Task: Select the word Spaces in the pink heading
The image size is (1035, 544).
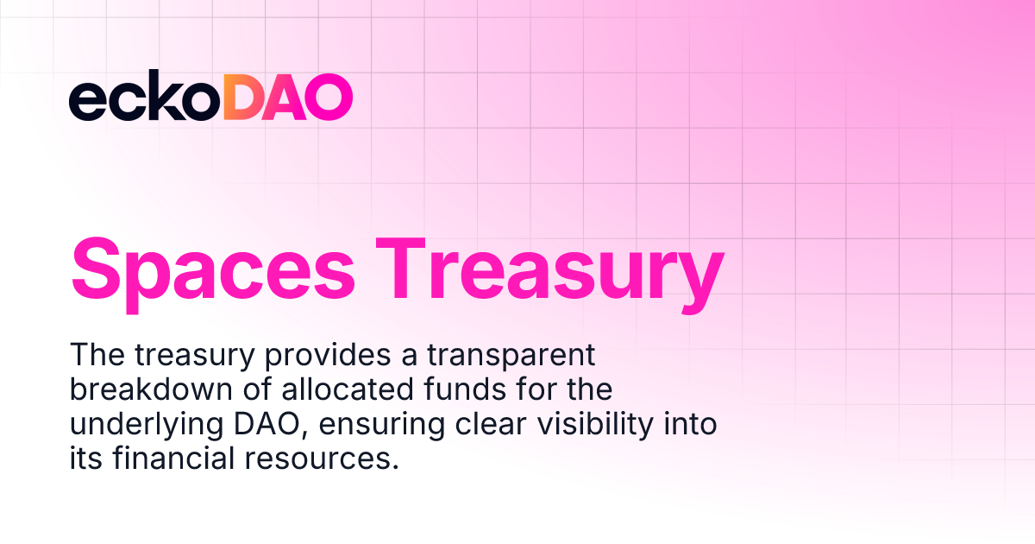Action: [212, 269]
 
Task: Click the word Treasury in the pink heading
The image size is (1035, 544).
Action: [552, 269]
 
